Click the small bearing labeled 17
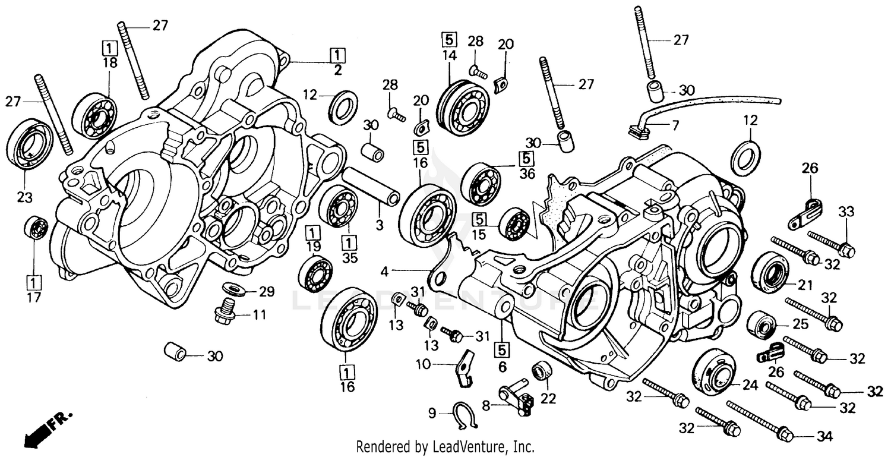tap(36, 228)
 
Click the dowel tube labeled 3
tap(370, 187)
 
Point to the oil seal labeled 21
tap(770, 272)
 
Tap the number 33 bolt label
tap(846, 211)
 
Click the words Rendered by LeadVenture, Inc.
tap(445, 446)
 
